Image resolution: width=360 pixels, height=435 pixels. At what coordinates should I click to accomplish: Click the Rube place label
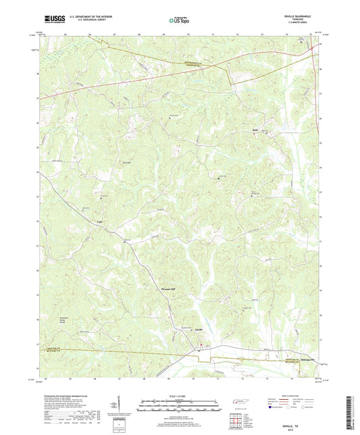[255, 127]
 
